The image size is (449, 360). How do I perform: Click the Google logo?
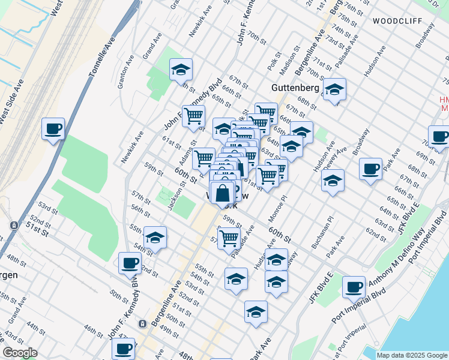click(20, 353)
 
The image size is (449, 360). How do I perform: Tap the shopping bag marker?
click(223, 193)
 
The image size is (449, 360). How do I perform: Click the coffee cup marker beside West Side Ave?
click(53, 128)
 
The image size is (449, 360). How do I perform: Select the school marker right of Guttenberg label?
click(334, 89)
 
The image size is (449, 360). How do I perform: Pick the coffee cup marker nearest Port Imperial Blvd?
click(354, 286)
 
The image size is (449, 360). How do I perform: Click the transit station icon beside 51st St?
click(13, 225)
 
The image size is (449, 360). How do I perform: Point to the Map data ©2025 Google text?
click(412, 355)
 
